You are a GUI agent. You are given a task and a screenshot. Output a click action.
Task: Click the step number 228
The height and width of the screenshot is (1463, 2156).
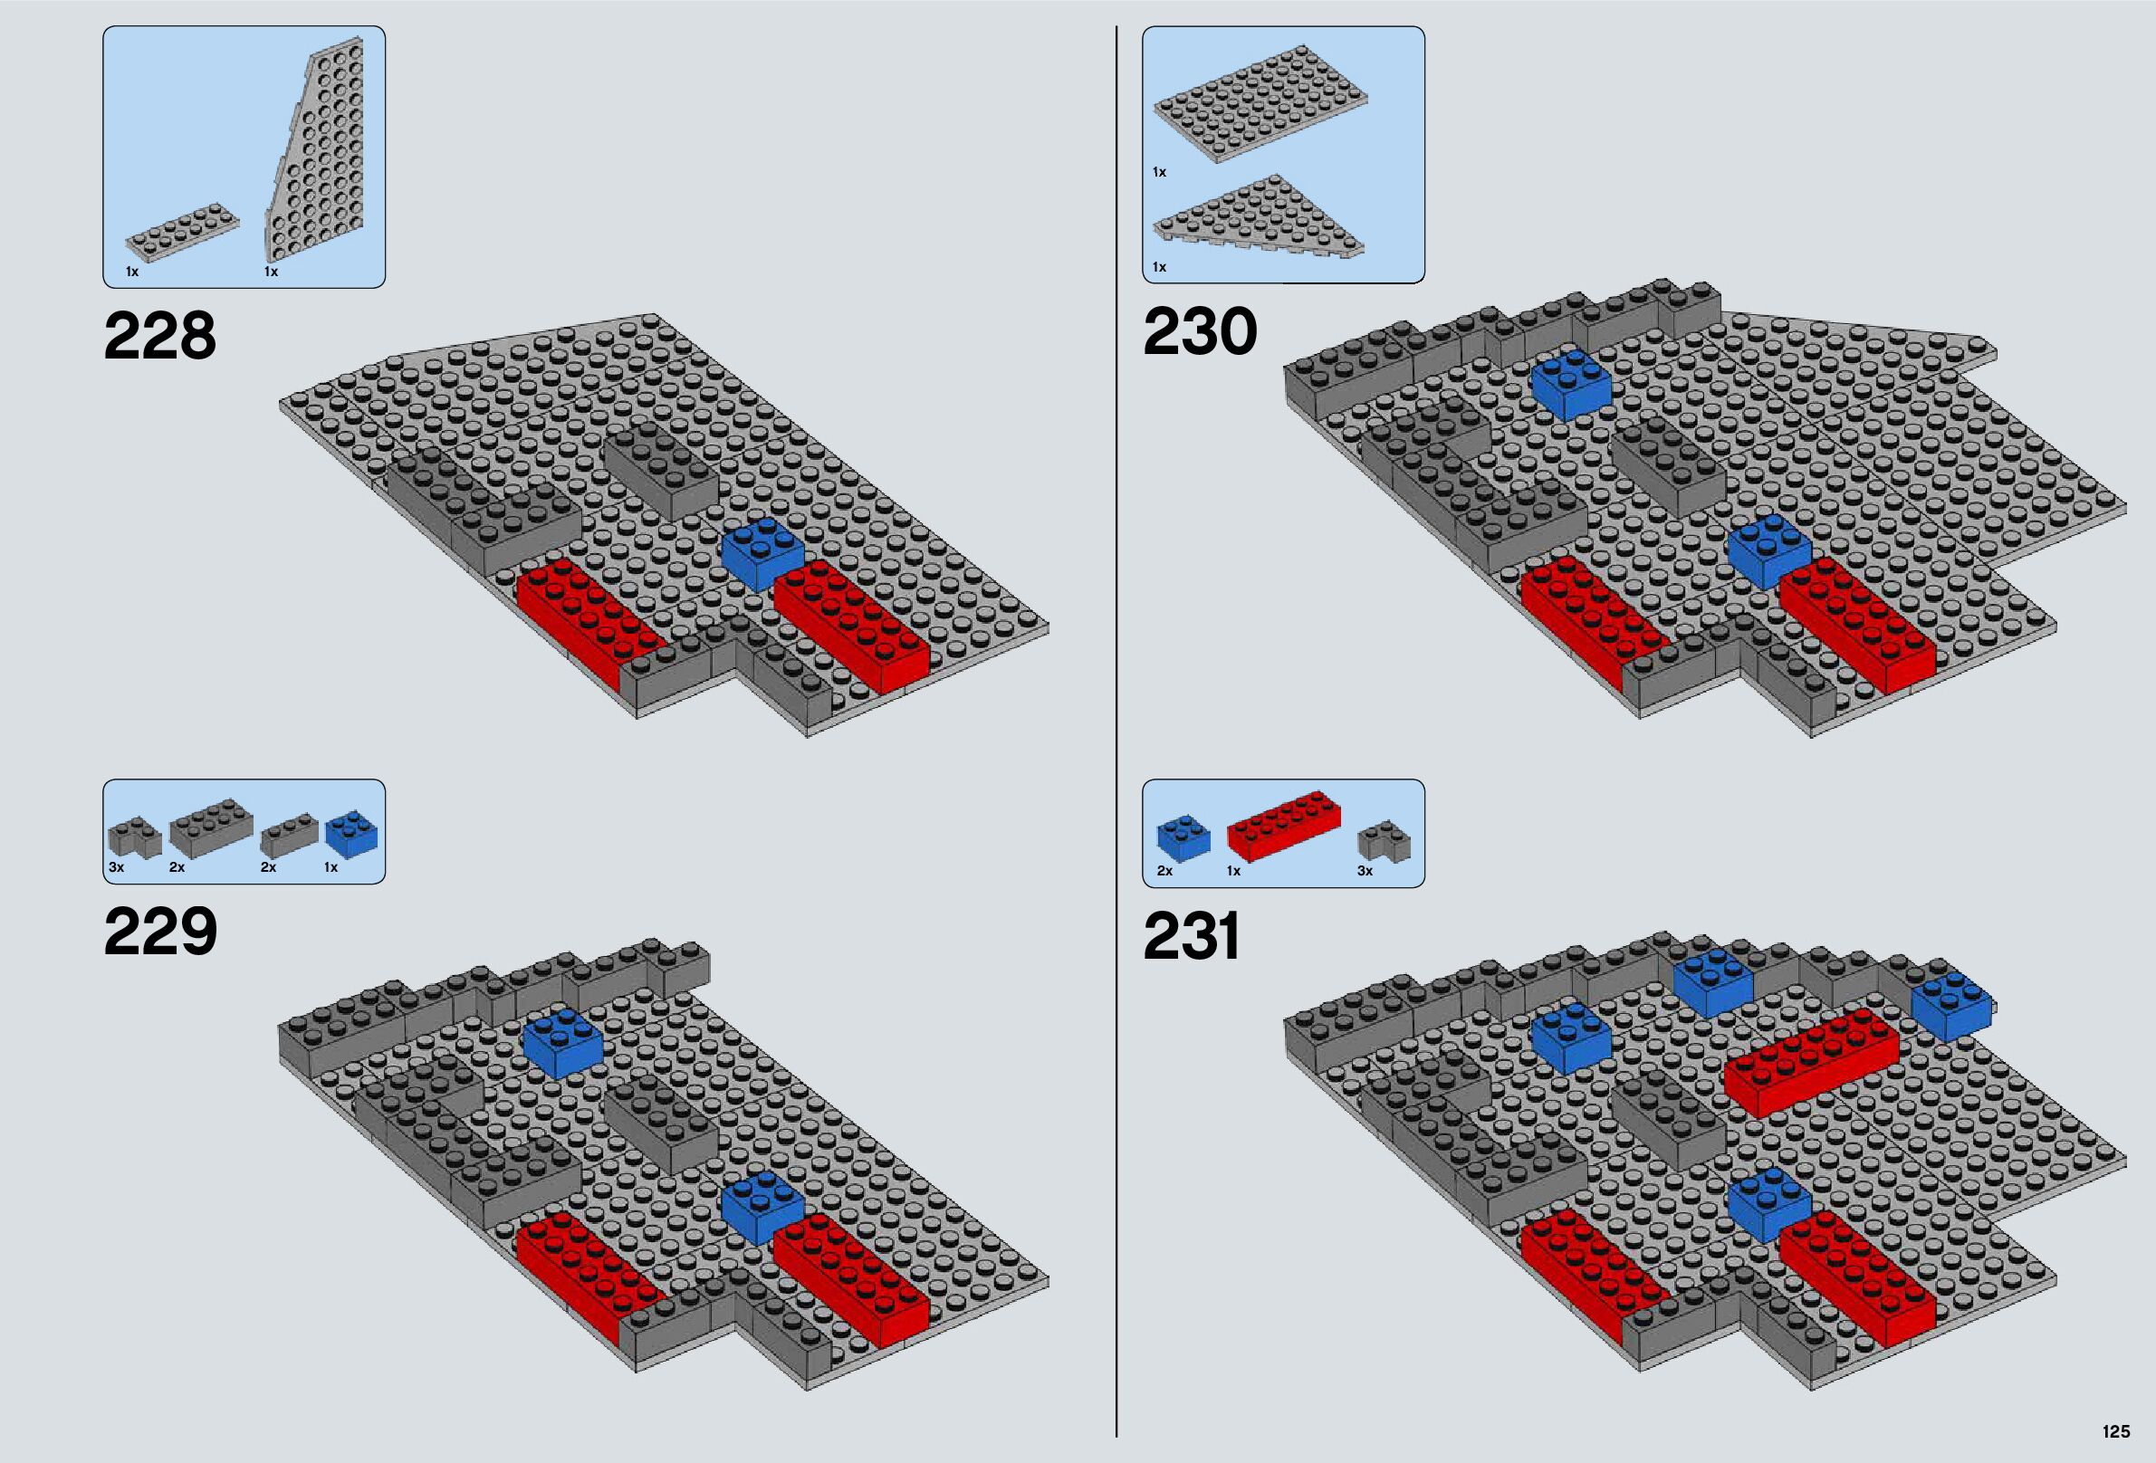(x=159, y=336)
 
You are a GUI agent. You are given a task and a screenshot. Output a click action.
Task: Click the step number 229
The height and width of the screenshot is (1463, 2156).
(x=159, y=932)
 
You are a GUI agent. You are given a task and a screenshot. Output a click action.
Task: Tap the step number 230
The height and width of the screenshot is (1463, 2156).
(x=1200, y=332)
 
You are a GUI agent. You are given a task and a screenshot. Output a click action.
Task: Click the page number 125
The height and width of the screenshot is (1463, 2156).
(x=2115, y=1431)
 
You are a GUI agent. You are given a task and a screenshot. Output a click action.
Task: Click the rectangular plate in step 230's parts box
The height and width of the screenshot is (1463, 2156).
(x=1260, y=104)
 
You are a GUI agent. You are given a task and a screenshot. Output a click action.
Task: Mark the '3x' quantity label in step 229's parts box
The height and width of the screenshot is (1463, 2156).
(x=116, y=867)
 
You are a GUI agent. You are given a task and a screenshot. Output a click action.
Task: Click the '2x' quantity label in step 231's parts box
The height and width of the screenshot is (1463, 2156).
(x=1164, y=871)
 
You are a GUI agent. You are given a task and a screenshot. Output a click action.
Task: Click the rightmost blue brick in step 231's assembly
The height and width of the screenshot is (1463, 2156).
(x=1950, y=1007)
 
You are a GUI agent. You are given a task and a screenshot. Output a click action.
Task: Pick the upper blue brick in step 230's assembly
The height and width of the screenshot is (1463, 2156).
(x=1572, y=381)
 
